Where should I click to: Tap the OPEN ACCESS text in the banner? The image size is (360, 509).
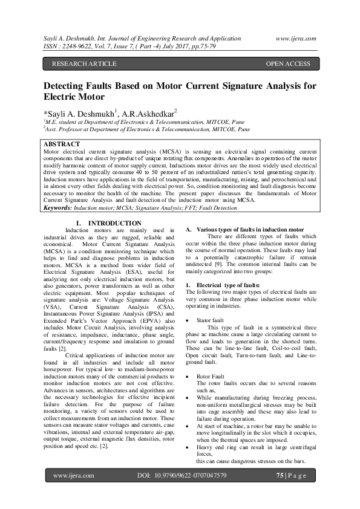[288, 63]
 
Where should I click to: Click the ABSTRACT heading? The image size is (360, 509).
[62, 144]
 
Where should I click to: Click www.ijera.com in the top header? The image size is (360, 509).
[296, 37]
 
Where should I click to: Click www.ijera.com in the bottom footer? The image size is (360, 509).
[73, 476]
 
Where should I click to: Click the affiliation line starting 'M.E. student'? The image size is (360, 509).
[133, 122]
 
